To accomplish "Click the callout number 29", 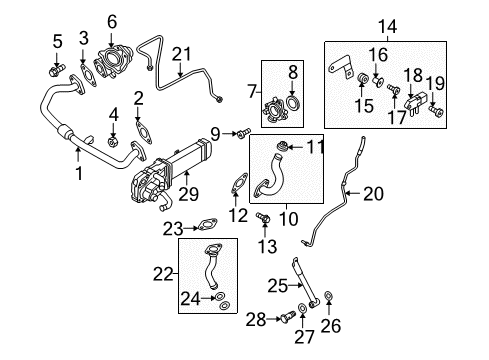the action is coord(188,194).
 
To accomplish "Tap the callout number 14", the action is coord(388,26).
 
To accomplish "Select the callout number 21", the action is coord(182,54).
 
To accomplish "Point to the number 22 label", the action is coord(163,275).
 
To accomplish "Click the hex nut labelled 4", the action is coord(113,142).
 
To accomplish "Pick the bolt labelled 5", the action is coord(57,70).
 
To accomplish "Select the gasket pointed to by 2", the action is coord(144,133).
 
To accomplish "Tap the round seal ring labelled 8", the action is coord(293,102).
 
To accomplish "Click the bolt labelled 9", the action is coord(243,133).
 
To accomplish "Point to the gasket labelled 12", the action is coord(239,183).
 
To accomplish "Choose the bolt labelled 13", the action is coord(263,217).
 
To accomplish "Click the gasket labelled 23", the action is coord(207,224).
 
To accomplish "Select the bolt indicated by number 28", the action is coord(288,316).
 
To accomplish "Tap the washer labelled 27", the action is coord(302,308).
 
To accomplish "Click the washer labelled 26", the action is coord(328,295).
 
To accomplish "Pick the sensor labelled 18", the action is coord(414,105).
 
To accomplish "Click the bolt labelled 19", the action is coord(437,111).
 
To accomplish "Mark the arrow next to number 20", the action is coord(353,193).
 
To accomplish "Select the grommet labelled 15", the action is coord(362,78).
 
